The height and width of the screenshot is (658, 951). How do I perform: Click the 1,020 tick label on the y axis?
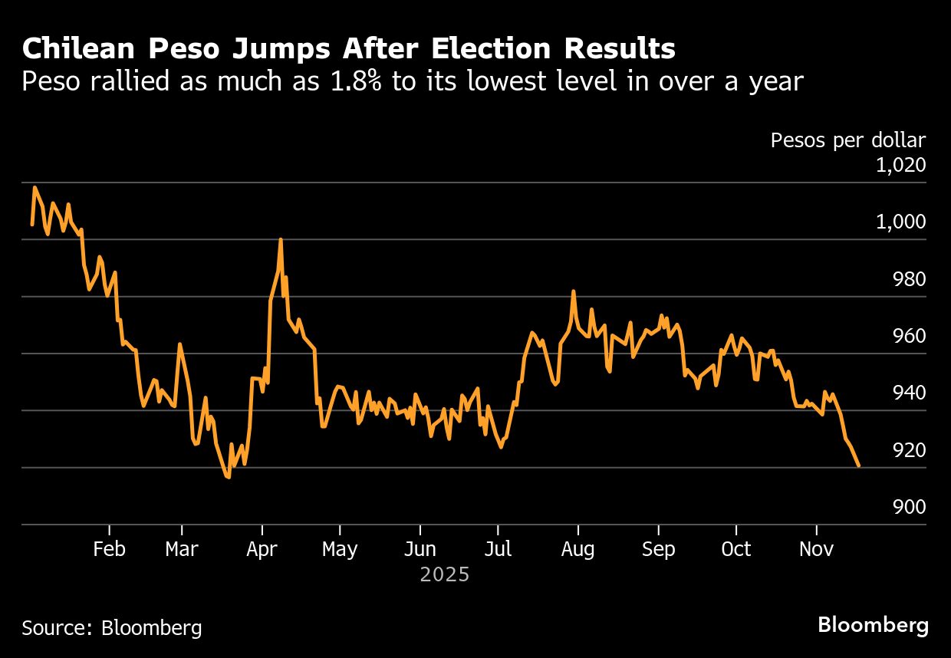pyautogui.click(x=900, y=165)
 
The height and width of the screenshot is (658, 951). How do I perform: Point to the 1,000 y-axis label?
pyautogui.click(x=900, y=222)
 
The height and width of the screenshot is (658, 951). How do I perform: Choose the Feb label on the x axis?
pyautogui.click(x=109, y=549)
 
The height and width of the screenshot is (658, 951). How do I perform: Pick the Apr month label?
pyautogui.click(x=262, y=549)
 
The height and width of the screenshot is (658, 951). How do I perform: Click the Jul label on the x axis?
pyautogui.click(x=499, y=549)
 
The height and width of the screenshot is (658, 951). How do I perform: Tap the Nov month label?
pyautogui.click(x=816, y=549)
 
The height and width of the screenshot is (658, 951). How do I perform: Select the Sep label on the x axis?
pyautogui.click(x=658, y=549)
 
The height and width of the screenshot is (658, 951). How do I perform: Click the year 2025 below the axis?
pyautogui.click(x=444, y=574)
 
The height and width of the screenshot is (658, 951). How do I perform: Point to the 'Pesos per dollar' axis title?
pyautogui.click(x=847, y=140)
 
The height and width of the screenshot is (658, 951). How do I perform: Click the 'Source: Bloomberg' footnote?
pyautogui.click(x=112, y=628)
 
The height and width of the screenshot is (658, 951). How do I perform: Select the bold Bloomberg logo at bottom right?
pyautogui.click(x=873, y=625)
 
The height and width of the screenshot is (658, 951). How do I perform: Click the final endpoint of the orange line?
pyautogui.click(x=858, y=466)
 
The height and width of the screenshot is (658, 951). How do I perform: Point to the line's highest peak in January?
pyautogui.click(x=35, y=187)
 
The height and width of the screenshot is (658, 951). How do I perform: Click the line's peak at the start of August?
pyautogui.click(x=573, y=291)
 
